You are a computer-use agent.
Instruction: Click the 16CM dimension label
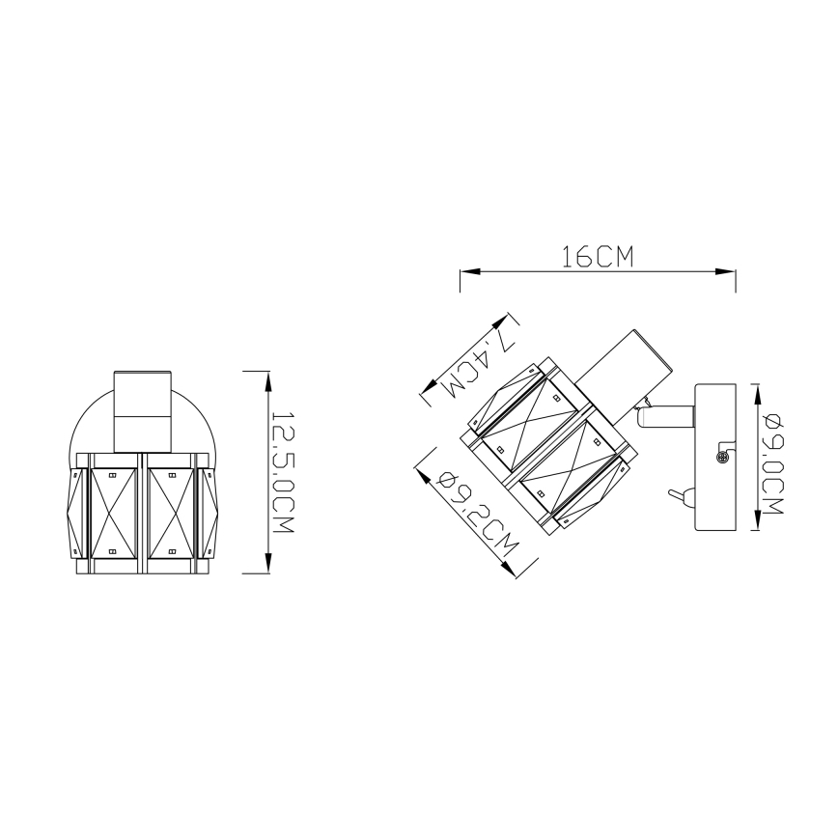pyautogui.click(x=597, y=257)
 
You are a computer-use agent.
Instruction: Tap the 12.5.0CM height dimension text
pyautogui.click(x=282, y=470)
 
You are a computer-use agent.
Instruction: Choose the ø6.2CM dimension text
pyautogui.click(x=474, y=512)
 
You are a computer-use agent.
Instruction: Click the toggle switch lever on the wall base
pyautogui.click(x=679, y=497)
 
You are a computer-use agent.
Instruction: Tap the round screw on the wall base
pyautogui.click(x=719, y=459)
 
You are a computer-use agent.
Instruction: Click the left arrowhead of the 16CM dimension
pyautogui.click(x=465, y=272)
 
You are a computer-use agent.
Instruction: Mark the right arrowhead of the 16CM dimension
pyautogui.click(x=730, y=272)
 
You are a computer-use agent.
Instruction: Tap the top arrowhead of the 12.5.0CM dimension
pyautogui.click(x=267, y=377)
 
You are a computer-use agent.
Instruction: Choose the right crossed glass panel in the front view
pyautogui.click(x=171, y=515)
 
